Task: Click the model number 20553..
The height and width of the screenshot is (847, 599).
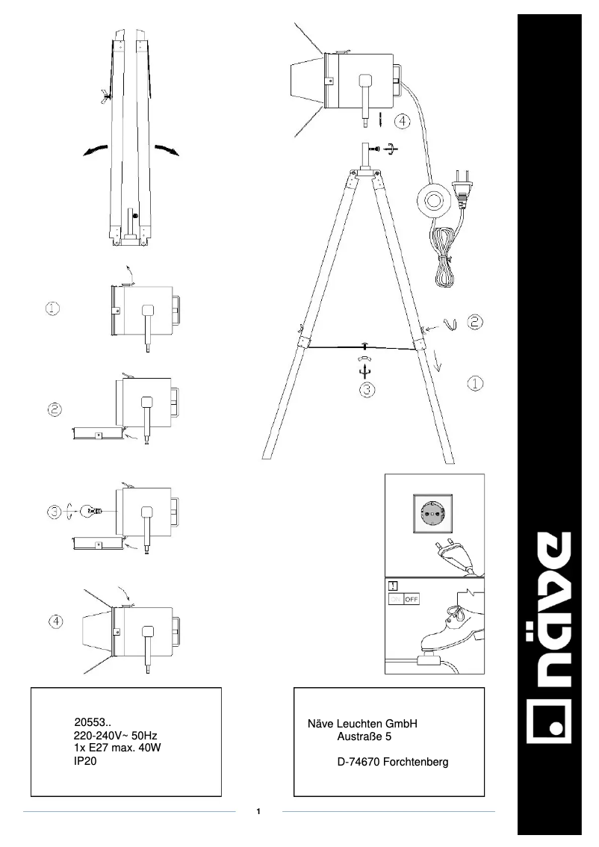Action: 93,722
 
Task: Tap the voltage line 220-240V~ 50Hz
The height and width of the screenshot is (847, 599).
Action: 116,736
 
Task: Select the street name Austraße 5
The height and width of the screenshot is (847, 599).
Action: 364,737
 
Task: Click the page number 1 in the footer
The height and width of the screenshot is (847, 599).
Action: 258,811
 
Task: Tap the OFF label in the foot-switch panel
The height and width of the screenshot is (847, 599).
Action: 412,599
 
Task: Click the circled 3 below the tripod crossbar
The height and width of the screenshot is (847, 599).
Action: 364,388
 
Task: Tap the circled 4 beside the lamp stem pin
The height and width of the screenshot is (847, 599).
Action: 403,120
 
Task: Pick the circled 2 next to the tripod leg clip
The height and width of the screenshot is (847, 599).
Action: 476,322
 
